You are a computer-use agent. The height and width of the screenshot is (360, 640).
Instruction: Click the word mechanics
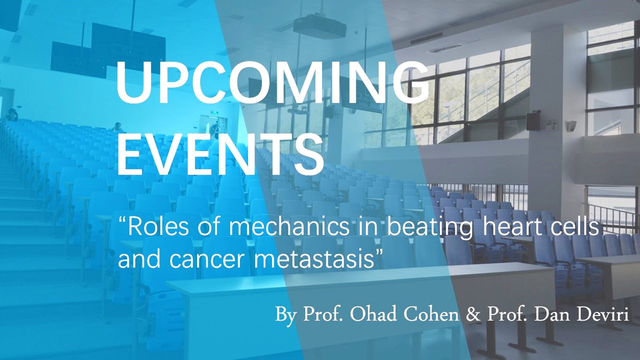(289, 227)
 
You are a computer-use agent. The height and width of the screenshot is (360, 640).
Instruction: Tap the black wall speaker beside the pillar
(533, 121)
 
